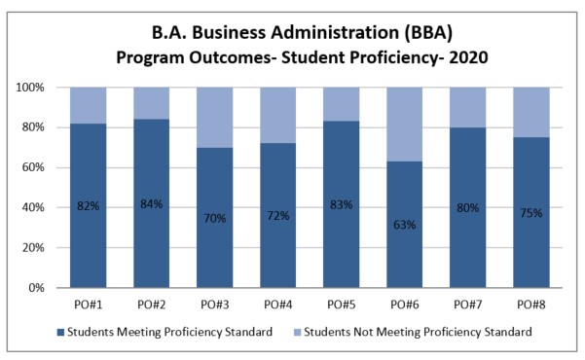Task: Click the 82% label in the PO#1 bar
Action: [89, 206]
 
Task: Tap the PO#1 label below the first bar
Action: [89, 303]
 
